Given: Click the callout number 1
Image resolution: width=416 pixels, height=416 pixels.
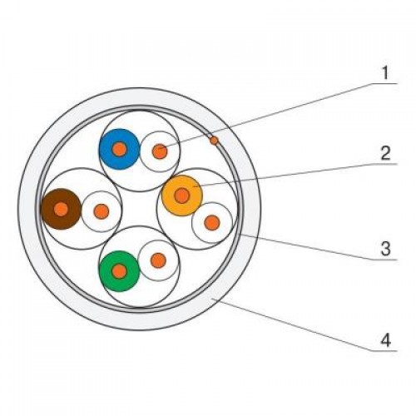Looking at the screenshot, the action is [x=385, y=72].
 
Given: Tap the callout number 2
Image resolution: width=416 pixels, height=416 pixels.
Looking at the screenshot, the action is [x=385, y=153].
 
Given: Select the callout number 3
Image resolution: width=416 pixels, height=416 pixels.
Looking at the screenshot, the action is [x=385, y=248].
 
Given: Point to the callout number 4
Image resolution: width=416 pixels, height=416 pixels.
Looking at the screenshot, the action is [x=386, y=339].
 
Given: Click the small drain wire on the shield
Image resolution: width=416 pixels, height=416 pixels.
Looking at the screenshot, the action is [x=214, y=141].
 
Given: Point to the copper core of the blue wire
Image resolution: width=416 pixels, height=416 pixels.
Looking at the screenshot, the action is [x=119, y=149].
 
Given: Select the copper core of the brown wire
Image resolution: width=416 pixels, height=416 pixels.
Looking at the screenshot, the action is [x=61, y=209].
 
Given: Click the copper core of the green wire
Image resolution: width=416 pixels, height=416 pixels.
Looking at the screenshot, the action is [x=120, y=271].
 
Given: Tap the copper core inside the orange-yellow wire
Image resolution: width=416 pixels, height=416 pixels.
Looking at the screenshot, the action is [x=182, y=196].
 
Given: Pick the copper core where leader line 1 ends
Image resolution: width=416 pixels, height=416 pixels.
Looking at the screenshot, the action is [x=161, y=151].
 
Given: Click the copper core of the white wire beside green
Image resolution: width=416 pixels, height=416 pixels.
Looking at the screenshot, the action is [x=158, y=260].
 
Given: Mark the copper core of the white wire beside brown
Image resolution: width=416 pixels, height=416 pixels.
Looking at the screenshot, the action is [x=102, y=211].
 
